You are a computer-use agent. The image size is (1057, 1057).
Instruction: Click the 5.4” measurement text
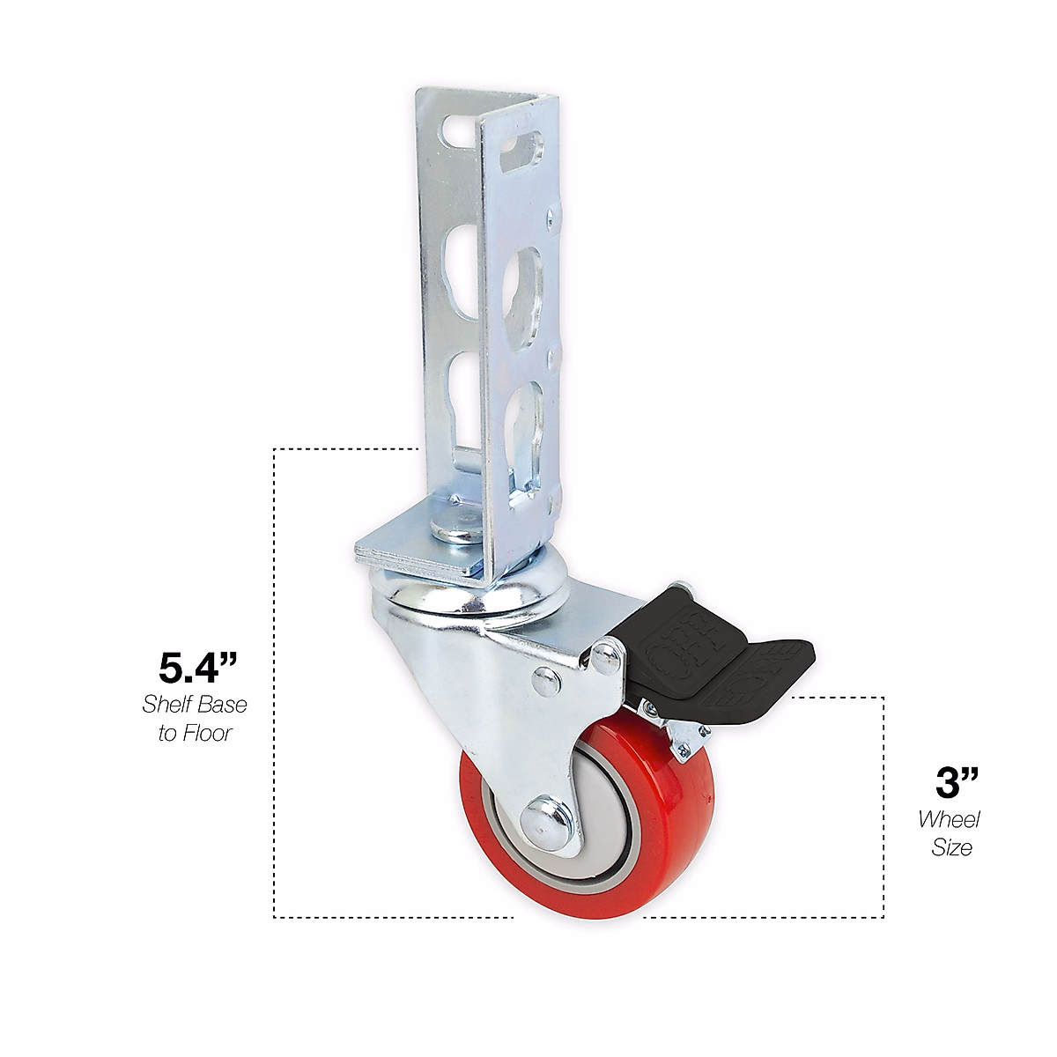pyautogui.click(x=198, y=668)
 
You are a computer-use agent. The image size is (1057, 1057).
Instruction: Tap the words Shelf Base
pyautogui.click(x=195, y=705)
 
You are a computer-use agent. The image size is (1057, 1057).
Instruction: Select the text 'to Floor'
pyautogui.click(x=195, y=733)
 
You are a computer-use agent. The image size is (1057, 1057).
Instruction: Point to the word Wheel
pyautogui.click(x=949, y=819)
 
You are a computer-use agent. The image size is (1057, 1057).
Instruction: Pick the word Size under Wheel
pyautogui.click(x=951, y=847)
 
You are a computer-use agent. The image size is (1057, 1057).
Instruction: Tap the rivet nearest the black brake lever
pyautogui.click(x=604, y=655)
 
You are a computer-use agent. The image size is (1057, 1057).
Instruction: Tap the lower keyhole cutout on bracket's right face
pyautogui.click(x=531, y=414)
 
